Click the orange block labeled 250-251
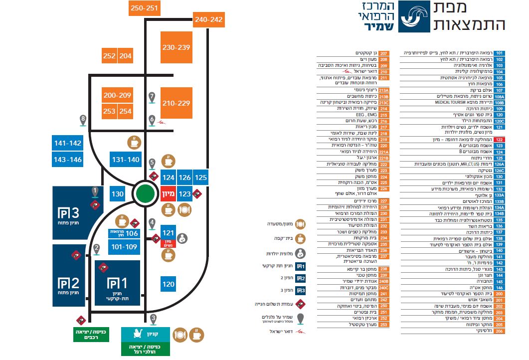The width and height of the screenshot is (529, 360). point(144,8)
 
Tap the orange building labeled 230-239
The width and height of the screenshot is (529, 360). point(176,47)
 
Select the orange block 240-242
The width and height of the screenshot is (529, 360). point(208,20)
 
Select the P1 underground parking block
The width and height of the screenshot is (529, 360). point(117,283)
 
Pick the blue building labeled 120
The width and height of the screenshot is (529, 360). point(169,284)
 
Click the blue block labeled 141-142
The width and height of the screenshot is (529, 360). point(67,143)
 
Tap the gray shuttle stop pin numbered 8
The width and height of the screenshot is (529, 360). point(83,120)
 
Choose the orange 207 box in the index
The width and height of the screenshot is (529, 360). point(383,53)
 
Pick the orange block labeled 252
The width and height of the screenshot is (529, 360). point(110,56)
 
